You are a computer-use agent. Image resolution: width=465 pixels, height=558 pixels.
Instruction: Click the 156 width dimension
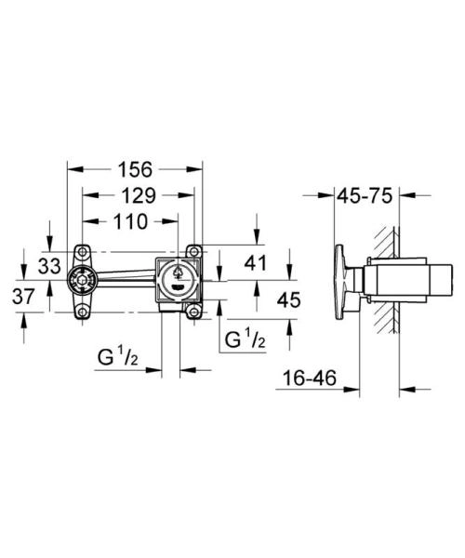click(x=136, y=170)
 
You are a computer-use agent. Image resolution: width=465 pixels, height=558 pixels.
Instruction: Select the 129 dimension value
click(x=139, y=196)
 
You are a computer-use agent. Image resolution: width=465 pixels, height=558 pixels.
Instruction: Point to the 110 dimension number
click(x=129, y=222)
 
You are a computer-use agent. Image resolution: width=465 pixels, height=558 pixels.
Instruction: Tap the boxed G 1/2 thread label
click(x=243, y=340)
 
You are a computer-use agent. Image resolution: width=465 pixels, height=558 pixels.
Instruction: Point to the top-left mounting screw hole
click(x=82, y=250)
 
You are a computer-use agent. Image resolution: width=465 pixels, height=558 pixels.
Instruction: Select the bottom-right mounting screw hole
click(x=193, y=312)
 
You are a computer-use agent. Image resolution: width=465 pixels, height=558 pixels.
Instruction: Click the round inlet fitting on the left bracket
click(x=82, y=280)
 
